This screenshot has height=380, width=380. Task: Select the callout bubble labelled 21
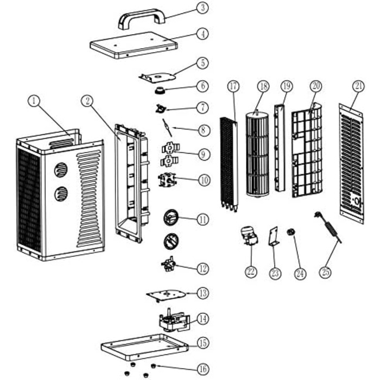pos(358,85)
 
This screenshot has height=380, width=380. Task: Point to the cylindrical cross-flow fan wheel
pos(258,155)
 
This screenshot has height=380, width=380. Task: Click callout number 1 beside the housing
pos(34,100)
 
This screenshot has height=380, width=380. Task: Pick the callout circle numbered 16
pos(202,369)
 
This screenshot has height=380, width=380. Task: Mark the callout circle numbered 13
pos(202,293)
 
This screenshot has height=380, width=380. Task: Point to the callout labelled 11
pos(202,220)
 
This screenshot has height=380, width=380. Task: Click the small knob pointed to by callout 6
pos(160,89)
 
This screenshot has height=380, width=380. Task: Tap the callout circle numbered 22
pos(250,271)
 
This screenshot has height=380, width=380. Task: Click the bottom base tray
pos(143,345)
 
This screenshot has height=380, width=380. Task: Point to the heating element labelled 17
pos(229,163)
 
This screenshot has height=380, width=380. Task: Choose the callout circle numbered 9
pos(202,155)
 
